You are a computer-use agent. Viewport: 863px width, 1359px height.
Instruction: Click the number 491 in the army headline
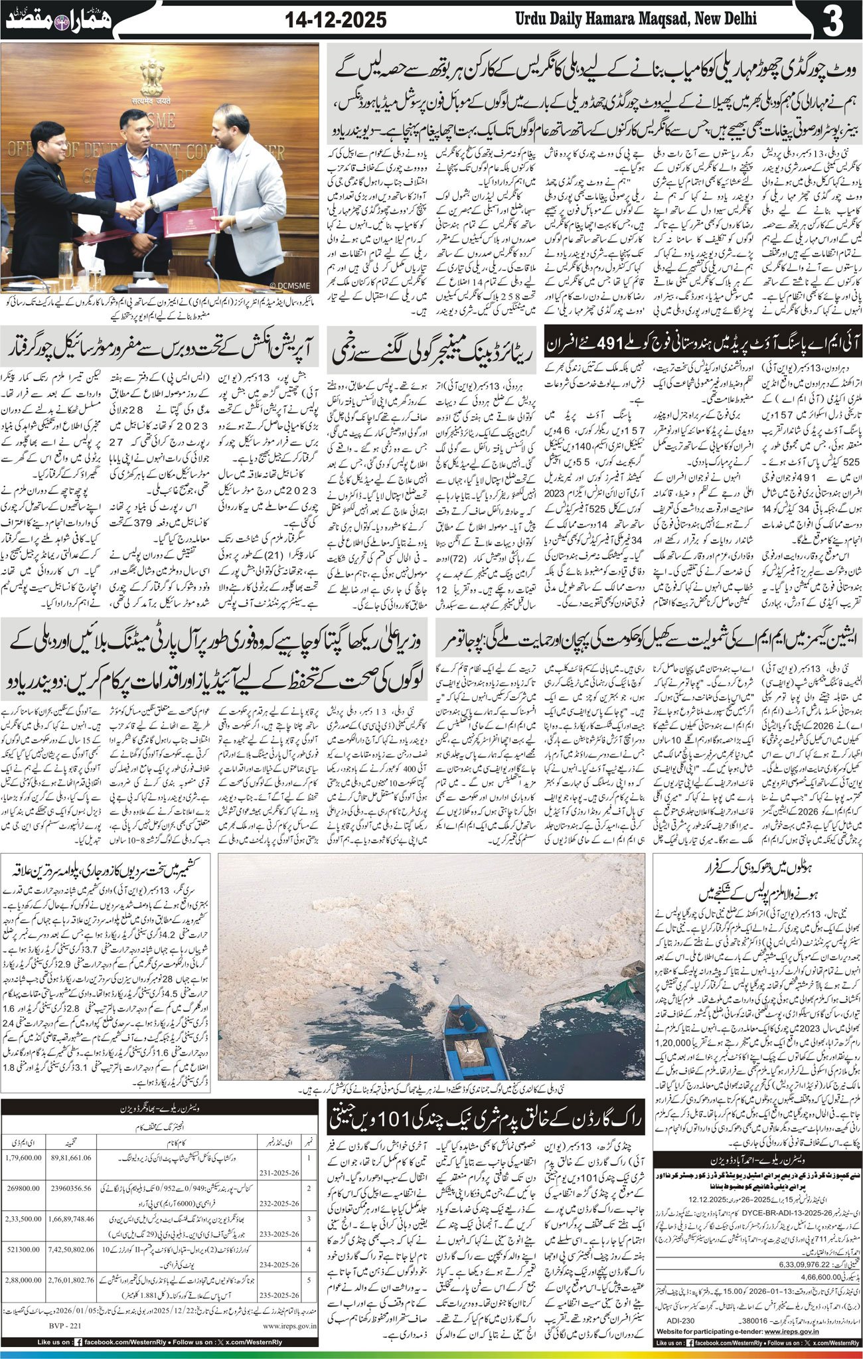click(631, 344)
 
